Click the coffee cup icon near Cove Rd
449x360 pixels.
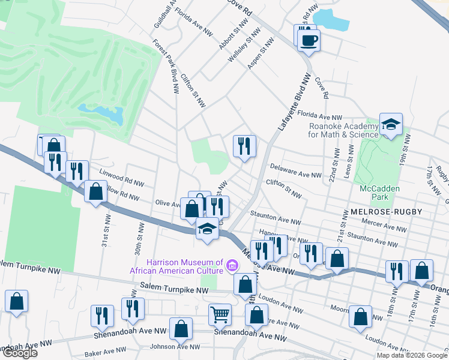tap(309, 40)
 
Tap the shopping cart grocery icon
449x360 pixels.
tap(220, 314)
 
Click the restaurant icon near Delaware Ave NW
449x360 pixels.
tap(244, 146)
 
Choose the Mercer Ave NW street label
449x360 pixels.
tap(390, 227)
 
